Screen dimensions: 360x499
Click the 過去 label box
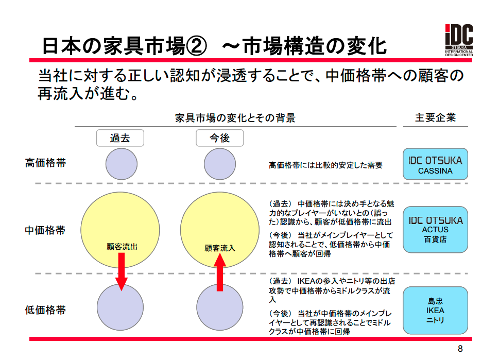[x=120, y=138]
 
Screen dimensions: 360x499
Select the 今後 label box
[x=219, y=138]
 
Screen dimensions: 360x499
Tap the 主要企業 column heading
[x=435, y=117]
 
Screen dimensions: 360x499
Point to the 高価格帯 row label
[x=45, y=163]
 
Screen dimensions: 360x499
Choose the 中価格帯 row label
[x=45, y=230]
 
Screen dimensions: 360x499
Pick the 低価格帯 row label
[x=45, y=310]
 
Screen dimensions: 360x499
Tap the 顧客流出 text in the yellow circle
[x=122, y=247]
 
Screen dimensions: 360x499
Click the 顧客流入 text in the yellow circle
[x=219, y=248]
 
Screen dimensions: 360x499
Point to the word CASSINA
[x=435, y=171]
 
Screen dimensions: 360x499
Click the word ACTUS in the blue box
[x=435, y=230]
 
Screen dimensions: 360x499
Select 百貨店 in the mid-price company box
[x=435, y=239]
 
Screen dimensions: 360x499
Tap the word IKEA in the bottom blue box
[x=435, y=311]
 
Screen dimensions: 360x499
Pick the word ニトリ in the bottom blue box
[x=435, y=320]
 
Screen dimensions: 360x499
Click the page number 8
[x=460, y=349]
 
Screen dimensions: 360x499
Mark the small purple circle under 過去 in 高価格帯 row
[x=122, y=164]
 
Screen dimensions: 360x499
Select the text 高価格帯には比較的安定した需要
[x=325, y=165]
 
